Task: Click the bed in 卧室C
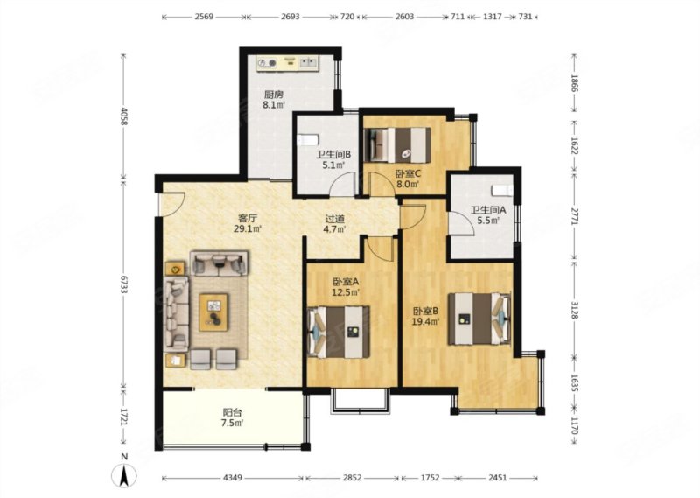pos(398,141)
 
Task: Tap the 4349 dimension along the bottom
pos(232,479)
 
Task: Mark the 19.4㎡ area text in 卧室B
pos(426,321)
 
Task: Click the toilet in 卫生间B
pos(306,140)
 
